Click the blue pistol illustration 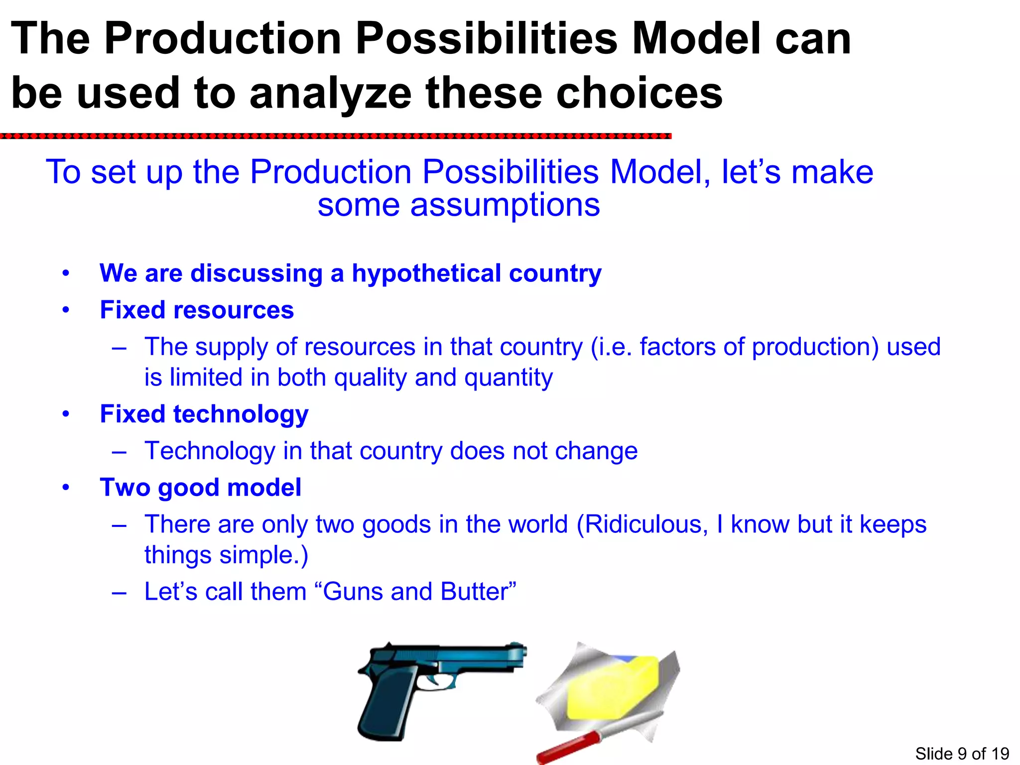coord(428,682)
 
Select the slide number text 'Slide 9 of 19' coord(962,754)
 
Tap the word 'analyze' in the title coord(330,94)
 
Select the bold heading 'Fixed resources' coord(197,310)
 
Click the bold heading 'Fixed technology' coord(204,414)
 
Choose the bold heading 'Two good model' coord(200,487)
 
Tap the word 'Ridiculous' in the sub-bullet coord(642,524)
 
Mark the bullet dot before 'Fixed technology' coord(66,414)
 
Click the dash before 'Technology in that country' coord(119,451)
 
